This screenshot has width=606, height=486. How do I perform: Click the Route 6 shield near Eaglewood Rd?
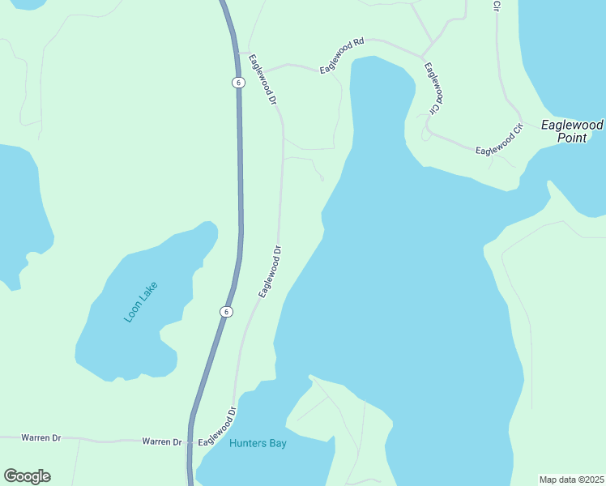coord(237,83)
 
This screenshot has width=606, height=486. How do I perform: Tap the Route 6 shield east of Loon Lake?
coord(226,312)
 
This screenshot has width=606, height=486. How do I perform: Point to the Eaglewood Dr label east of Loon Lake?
coord(270,272)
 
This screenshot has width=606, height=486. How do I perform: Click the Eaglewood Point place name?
coord(572,131)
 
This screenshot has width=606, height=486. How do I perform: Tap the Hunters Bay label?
coord(258,443)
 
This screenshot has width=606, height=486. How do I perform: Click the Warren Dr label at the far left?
coord(41,437)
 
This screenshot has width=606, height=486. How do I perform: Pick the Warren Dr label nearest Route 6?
coord(162,441)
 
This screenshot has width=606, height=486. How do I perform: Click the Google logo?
coord(27,476)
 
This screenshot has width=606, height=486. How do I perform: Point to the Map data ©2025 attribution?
coord(571,479)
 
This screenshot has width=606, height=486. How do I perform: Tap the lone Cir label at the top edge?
coord(497,6)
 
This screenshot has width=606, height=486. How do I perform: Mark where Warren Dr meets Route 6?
coord(191,443)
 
